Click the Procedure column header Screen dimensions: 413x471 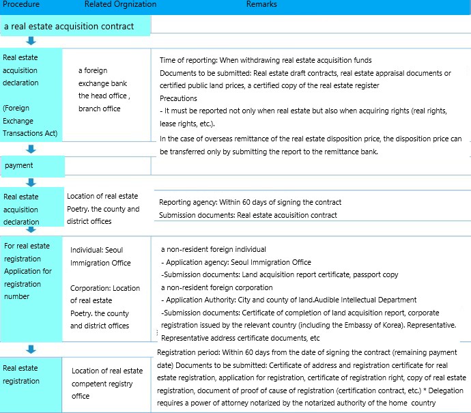tap(21, 5)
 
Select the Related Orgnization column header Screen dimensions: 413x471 tap(120, 5)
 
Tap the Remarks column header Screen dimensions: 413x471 tap(261, 5)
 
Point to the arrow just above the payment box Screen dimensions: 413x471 tap(31, 149)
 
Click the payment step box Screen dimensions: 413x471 tap(32, 165)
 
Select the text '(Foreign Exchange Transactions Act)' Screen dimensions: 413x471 tap(30, 120)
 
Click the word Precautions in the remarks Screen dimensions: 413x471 tap(178, 98)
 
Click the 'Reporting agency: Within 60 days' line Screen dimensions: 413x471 tap(250, 202)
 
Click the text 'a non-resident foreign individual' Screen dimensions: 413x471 tap(213, 249)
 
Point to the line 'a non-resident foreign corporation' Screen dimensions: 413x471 tap(216, 287)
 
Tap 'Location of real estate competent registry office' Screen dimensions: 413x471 tap(107, 383)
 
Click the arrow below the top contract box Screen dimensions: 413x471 tap(31, 41)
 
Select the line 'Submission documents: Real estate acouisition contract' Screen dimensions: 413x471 tap(248, 215)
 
